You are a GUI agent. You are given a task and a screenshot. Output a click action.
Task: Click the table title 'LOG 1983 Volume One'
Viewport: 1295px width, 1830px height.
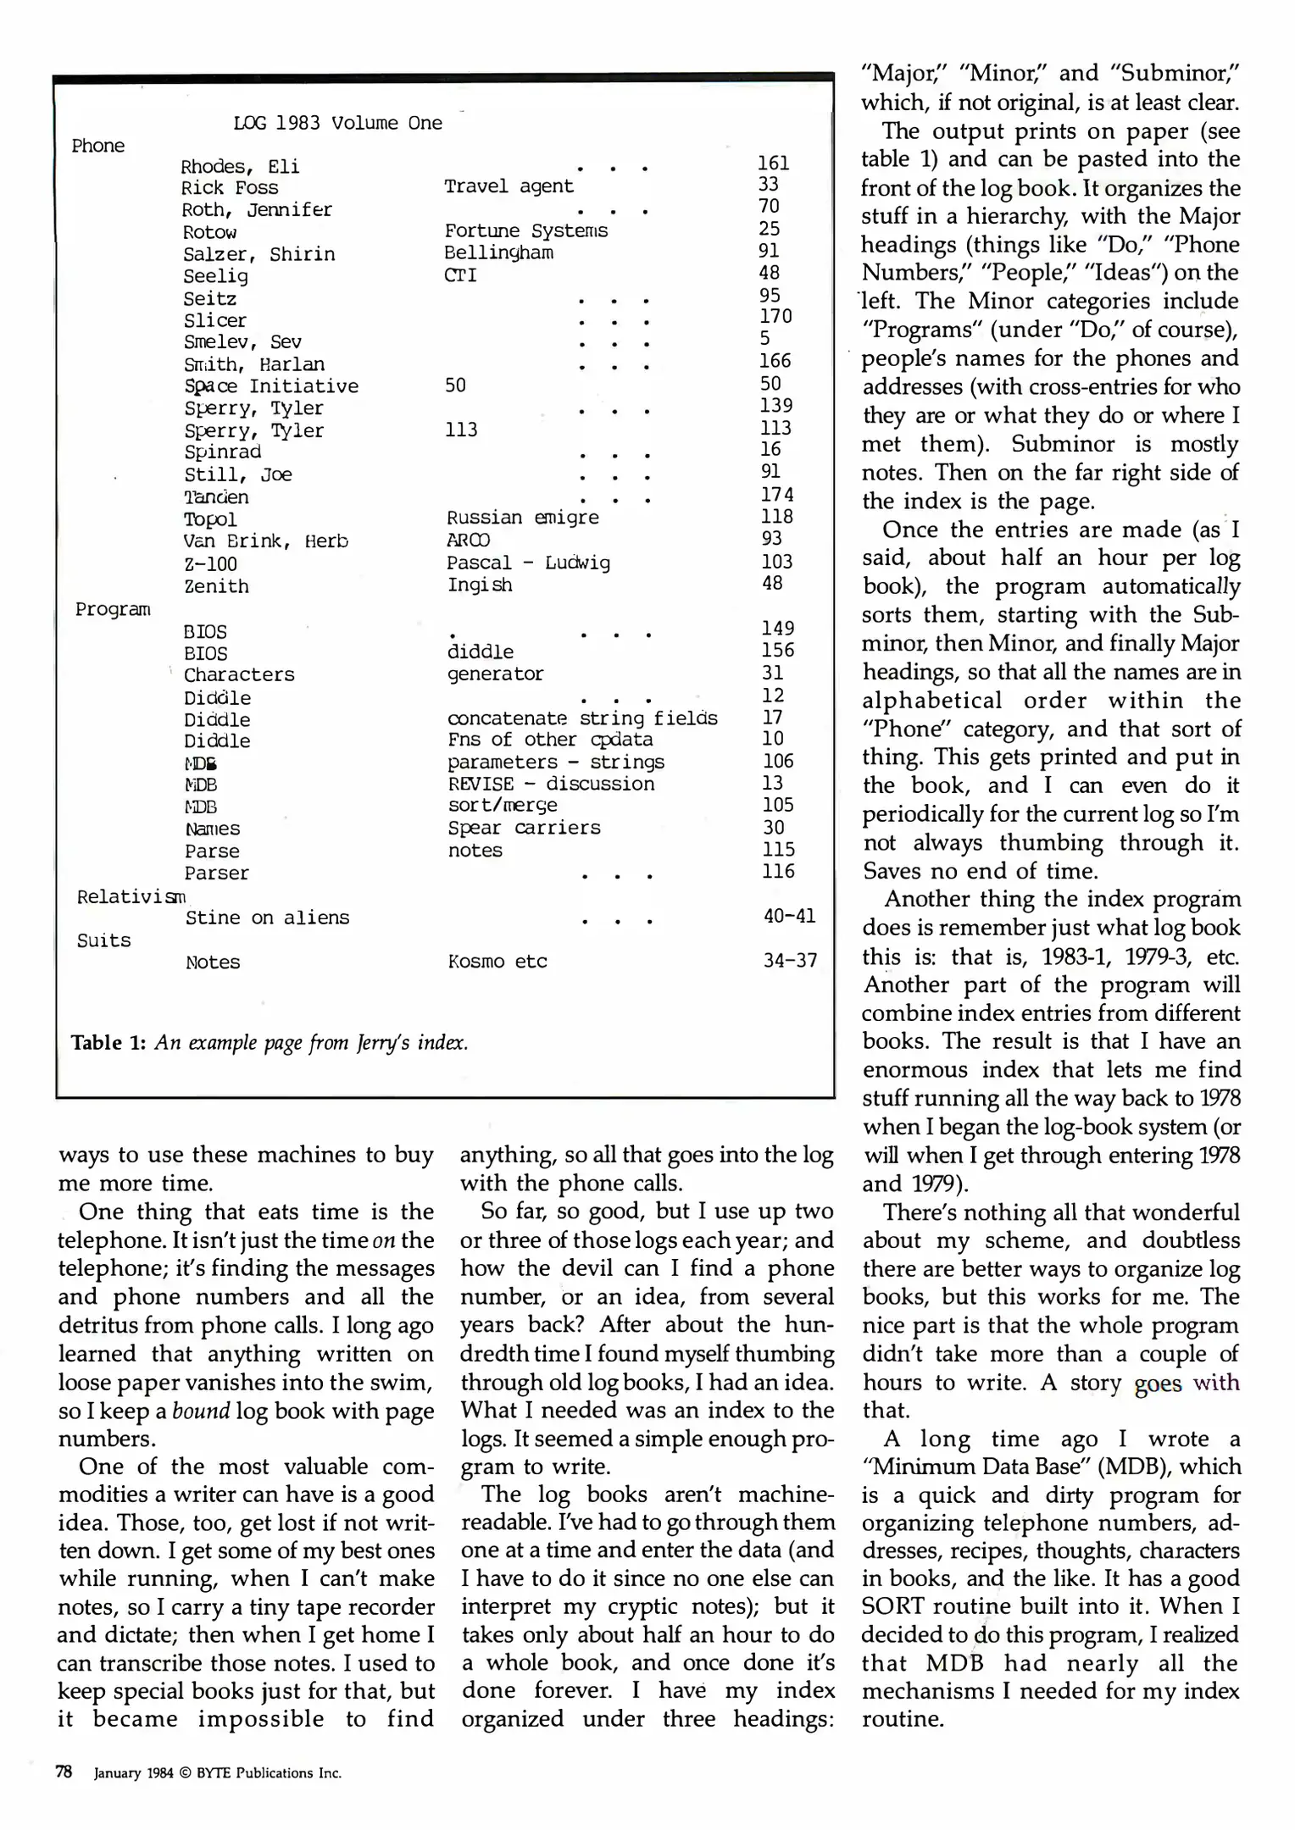coord(337,123)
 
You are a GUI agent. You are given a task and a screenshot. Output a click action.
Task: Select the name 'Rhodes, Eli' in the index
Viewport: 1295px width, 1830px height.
coord(240,166)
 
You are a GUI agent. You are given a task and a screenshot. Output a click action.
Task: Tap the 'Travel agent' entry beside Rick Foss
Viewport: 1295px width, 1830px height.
coord(509,186)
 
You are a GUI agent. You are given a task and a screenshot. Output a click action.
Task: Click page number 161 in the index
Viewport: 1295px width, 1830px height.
coord(773,163)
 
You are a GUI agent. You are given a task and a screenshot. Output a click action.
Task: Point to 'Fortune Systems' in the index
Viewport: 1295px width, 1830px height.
coord(525,230)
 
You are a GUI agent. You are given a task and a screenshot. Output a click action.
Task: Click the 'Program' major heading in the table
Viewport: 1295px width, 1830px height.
coord(113,609)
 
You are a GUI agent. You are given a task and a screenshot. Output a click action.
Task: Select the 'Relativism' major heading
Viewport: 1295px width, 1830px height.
coord(131,896)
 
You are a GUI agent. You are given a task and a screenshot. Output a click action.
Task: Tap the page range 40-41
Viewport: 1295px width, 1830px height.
coord(789,916)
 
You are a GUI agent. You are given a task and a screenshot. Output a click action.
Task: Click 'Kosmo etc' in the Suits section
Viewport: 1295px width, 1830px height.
coord(497,962)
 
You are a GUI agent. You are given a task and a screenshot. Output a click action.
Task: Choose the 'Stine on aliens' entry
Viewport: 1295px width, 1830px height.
coord(267,918)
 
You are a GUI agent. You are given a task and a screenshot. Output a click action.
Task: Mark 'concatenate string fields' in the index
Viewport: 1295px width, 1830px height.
coord(581,718)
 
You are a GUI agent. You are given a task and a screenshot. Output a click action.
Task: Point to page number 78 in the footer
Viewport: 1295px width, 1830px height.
coord(64,1772)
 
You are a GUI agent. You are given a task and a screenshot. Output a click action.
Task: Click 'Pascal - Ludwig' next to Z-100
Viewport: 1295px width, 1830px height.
coord(528,563)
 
